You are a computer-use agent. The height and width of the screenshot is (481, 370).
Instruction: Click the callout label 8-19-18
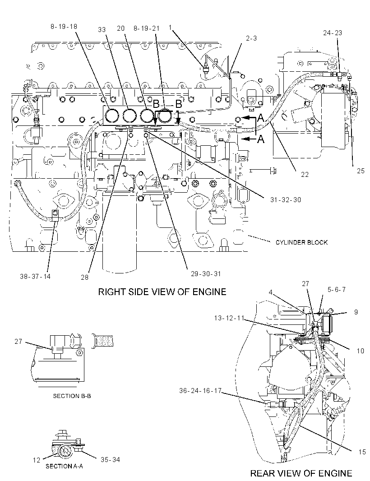tap(64, 27)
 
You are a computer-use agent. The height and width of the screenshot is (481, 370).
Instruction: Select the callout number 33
tap(102, 29)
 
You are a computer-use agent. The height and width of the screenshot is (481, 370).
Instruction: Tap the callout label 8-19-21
tap(146, 28)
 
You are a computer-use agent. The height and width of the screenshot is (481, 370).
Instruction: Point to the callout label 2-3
tap(251, 38)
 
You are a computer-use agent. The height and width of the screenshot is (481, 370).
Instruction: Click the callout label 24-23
tap(333, 33)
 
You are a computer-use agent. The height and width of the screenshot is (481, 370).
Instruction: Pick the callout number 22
tap(305, 174)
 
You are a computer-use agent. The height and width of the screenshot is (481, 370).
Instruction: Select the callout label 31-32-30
tap(286, 200)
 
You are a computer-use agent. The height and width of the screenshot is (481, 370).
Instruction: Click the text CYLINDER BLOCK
tap(301, 242)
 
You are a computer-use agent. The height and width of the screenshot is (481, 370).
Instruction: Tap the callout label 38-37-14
tap(35, 277)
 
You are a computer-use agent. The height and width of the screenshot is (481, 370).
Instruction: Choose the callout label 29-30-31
tap(206, 273)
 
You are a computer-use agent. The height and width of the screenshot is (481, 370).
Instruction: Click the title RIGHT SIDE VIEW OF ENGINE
tap(162, 291)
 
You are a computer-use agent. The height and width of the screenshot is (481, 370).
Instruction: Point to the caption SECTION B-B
tap(72, 396)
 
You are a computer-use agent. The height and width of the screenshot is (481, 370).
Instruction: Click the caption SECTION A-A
tap(64, 466)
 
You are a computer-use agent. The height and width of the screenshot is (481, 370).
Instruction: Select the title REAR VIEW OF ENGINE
tap(301, 473)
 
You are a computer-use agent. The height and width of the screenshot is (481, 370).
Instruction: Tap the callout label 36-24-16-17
tap(200, 391)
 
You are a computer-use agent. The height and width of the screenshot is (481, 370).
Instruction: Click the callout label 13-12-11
tap(229, 318)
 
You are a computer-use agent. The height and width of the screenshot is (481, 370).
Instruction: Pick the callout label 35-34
tap(110, 459)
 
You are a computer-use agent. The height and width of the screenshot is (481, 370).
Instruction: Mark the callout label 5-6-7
tap(337, 290)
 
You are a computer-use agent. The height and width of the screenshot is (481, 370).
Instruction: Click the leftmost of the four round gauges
tap(111, 116)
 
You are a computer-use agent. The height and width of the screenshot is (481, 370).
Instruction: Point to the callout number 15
tap(362, 452)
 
